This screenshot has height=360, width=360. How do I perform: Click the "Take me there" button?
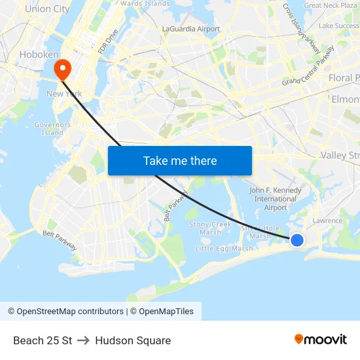coord(179,160)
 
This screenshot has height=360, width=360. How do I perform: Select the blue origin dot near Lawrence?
coord(297,240)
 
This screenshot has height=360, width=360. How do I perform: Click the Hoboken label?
coord(39,54)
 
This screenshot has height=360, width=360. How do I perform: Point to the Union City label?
coord(46,9)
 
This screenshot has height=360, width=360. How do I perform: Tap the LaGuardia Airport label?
coord(191,29)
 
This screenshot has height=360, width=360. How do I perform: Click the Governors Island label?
coord(52,128)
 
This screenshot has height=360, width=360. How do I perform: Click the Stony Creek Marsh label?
coord(210,228)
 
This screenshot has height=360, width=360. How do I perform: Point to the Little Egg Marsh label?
coord(225,249)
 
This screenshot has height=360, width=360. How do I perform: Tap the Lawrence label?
coord(327,221)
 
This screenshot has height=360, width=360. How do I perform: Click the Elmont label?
coord(346,99)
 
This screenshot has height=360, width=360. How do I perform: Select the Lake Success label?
coord(338,26)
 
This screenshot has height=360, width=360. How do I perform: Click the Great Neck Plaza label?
coord(330,5)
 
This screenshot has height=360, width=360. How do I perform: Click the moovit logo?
coord(320,339)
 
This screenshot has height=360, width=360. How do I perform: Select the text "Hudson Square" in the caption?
coord(133,340)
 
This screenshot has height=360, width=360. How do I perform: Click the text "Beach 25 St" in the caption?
coord(43,340)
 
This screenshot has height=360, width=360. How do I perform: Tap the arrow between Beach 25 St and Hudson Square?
coord(83,340)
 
